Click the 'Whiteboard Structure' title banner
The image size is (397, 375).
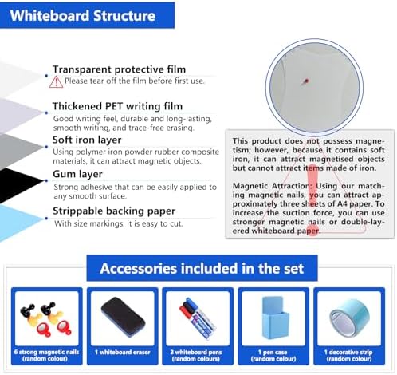click(87, 15)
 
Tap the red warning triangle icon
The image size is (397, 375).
click(57, 81)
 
